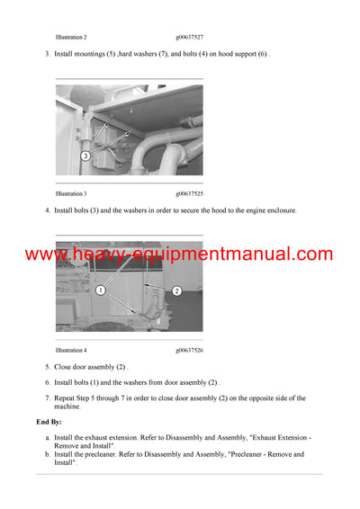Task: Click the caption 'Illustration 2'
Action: click(x=71, y=37)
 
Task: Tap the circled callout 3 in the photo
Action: click(x=85, y=156)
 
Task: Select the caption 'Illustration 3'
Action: click(x=71, y=193)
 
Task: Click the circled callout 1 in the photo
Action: click(x=102, y=291)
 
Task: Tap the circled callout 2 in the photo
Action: click(x=176, y=291)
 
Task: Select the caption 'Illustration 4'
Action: click(x=71, y=350)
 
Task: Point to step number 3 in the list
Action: click(x=47, y=54)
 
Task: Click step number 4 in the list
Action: click(x=47, y=210)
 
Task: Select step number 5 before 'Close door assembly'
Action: click(x=47, y=367)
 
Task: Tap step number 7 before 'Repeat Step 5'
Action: click(x=47, y=397)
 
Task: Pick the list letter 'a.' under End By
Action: click(x=47, y=437)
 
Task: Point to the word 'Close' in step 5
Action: click(x=64, y=367)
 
